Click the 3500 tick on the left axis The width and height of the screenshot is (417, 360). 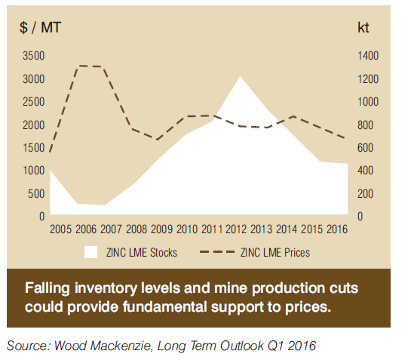33,56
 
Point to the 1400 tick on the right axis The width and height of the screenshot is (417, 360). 368,56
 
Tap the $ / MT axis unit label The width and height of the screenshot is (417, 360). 41,27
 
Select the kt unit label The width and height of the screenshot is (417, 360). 363,27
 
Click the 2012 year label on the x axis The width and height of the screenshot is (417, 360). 236,229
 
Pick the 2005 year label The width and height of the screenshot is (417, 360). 60,229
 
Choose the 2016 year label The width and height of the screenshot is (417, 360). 337,229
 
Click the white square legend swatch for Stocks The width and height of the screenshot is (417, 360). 90,252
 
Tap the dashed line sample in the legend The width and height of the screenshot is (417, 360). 217,252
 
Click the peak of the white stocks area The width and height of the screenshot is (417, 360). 240,76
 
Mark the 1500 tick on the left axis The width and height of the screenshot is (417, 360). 33,148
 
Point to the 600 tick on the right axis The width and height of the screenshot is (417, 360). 365,148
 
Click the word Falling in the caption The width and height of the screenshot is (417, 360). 48,288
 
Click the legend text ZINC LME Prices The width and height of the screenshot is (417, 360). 275,252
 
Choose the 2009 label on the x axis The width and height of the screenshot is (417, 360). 161,229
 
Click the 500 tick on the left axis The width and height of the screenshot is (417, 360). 36,194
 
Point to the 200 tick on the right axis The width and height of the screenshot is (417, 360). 365,194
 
